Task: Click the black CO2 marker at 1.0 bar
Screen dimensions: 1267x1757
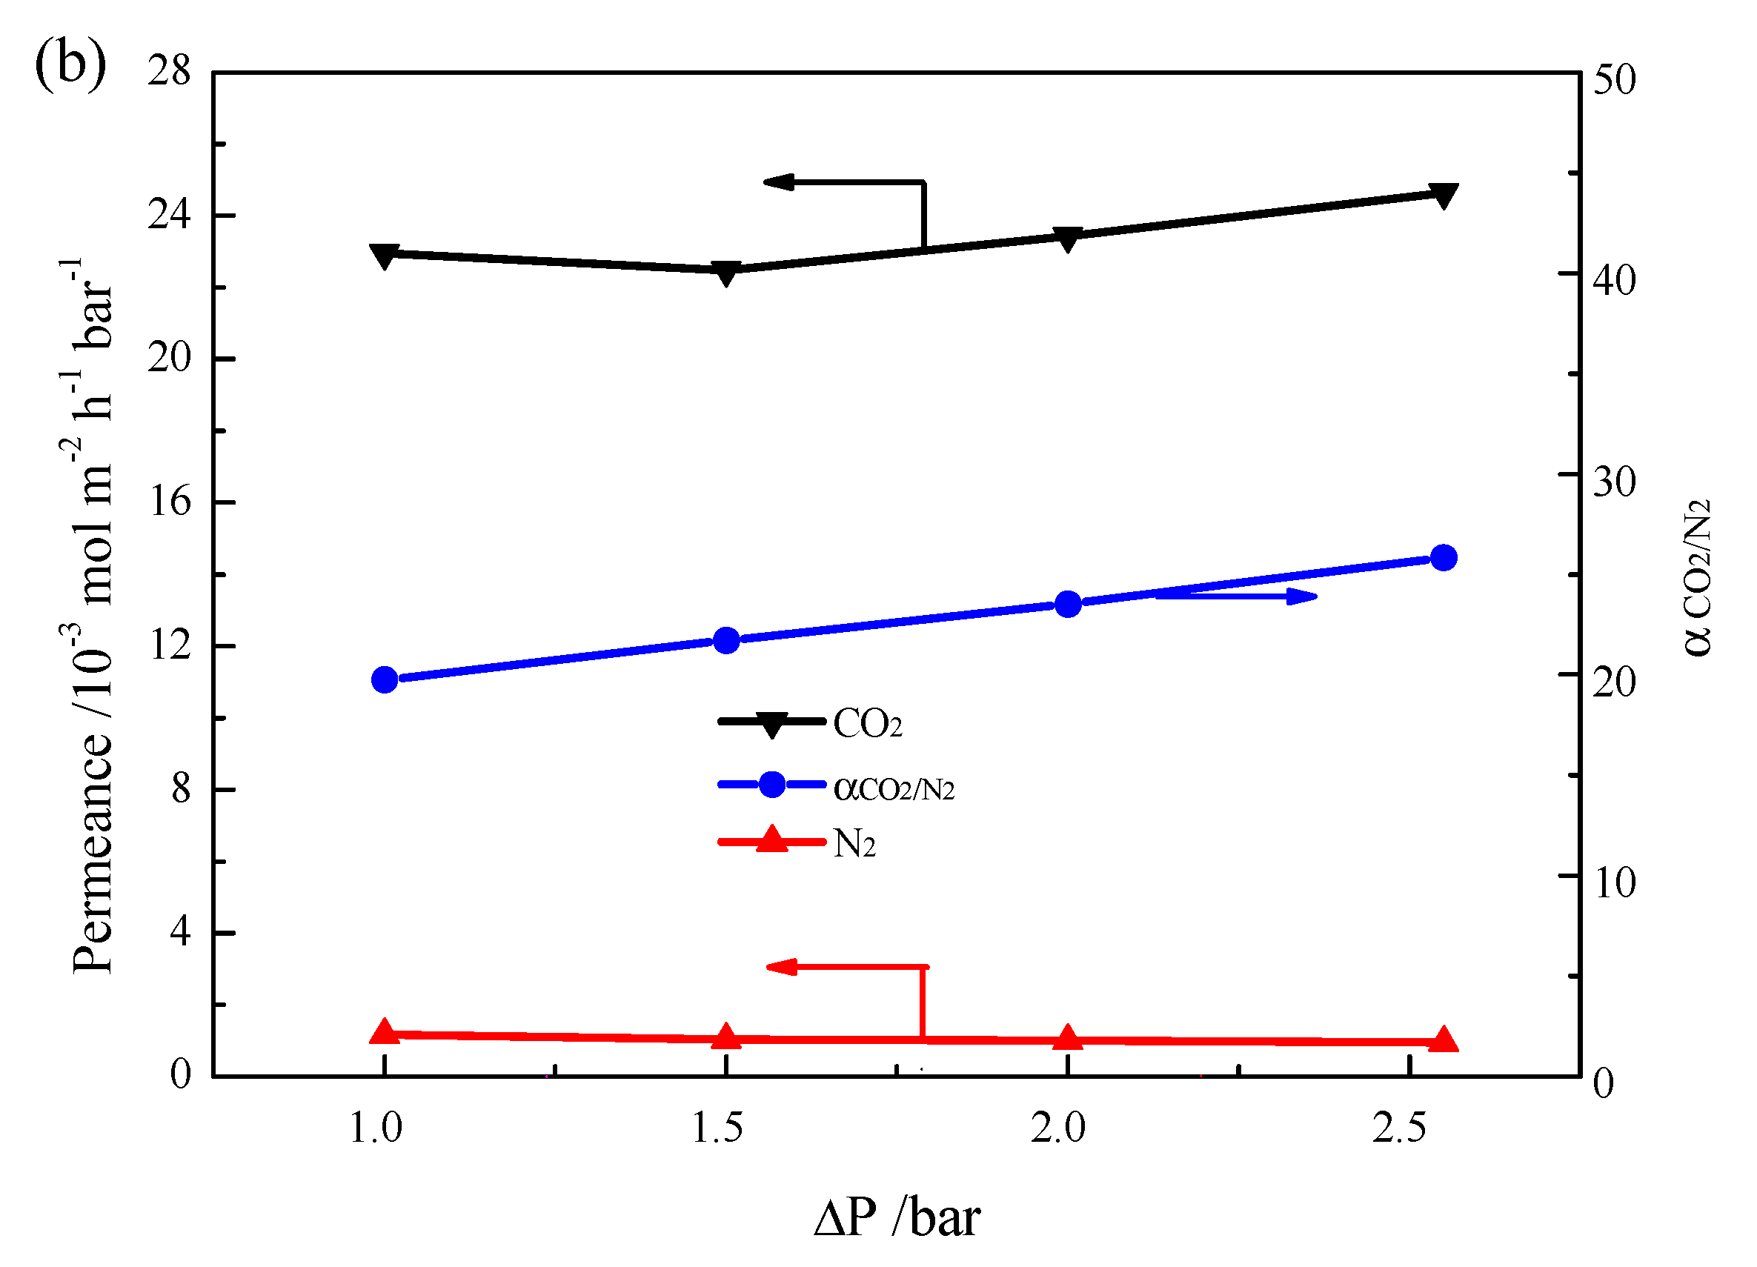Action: [x=385, y=256]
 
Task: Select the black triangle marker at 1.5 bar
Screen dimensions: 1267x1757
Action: [x=726, y=273]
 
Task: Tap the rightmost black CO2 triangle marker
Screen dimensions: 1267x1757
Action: [x=1444, y=196]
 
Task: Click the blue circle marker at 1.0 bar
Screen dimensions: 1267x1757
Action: [x=385, y=680]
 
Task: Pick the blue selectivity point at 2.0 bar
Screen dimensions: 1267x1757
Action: [x=1069, y=604]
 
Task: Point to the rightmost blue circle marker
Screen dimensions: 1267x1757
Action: [x=1444, y=558]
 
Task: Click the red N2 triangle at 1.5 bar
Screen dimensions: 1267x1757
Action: [x=726, y=1037]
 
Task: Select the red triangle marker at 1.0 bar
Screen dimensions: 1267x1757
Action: [x=385, y=1032]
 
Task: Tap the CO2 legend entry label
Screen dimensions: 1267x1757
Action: [x=868, y=724]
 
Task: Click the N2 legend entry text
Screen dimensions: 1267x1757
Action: [x=854, y=844]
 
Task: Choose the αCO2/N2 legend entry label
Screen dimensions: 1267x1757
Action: [x=894, y=788]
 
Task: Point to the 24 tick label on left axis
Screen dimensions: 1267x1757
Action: [x=169, y=215]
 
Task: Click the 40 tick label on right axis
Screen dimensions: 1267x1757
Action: [x=1615, y=280]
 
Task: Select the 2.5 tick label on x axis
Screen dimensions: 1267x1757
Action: [x=1399, y=1128]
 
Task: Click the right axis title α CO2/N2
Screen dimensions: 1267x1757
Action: [x=1696, y=578]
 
